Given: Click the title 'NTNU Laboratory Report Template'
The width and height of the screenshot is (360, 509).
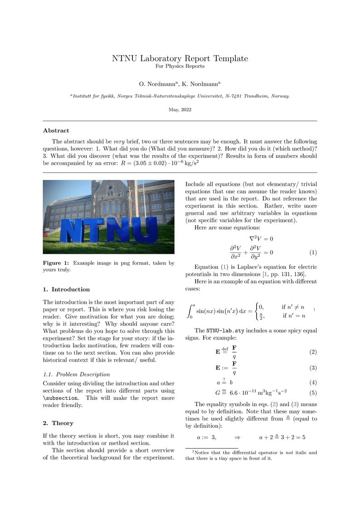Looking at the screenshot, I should tap(180, 58).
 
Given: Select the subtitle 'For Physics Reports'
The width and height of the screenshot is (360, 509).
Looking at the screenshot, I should tap(180, 66).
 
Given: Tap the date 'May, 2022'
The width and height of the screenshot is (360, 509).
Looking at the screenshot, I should tap(180, 110).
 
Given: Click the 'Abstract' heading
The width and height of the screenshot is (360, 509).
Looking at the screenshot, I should tap(56, 131).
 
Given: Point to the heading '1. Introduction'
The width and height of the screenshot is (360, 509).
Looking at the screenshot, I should tap(66, 289).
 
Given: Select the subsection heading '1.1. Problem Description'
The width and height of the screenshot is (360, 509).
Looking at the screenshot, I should tap(76, 374).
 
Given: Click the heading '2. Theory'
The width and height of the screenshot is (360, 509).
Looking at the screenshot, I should tap(58, 423).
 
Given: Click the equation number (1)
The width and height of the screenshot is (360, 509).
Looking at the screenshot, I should tap(313, 252).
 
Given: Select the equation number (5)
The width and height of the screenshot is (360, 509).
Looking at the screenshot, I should tap(313, 393).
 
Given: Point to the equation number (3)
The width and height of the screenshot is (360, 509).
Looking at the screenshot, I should tap(313, 368).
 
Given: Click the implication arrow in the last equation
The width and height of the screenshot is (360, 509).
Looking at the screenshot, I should tap(237, 438).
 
